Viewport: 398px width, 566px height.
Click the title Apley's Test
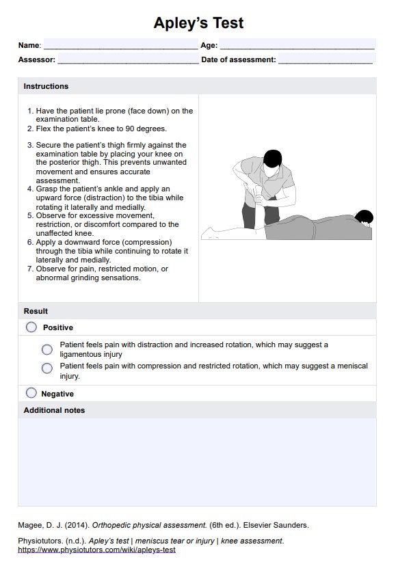tap(198, 23)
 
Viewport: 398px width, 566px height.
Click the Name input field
tap(120, 44)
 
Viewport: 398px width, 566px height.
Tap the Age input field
tap(297, 44)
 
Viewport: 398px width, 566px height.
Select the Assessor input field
tap(128, 59)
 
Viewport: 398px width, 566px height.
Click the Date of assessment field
tap(327, 59)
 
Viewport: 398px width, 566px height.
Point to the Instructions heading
tap(46, 86)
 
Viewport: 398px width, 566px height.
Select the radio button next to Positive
tap(31, 327)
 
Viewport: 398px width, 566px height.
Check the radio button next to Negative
tap(31, 393)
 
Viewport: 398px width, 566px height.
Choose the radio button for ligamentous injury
tap(47, 349)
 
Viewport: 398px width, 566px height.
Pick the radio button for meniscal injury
tap(47, 368)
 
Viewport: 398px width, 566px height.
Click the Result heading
tap(36, 311)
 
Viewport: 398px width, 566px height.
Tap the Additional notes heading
tap(54, 410)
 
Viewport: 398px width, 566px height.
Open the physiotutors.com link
tap(97, 550)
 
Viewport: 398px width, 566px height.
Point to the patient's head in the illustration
tap(364, 217)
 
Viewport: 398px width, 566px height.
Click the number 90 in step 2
tap(130, 129)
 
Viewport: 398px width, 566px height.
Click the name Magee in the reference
tap(29, 525)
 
